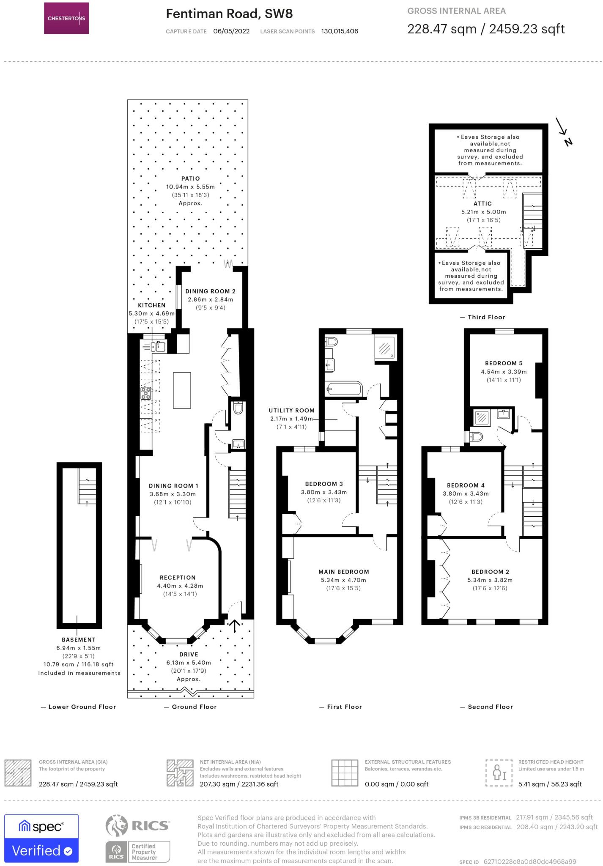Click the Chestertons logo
[66, 18]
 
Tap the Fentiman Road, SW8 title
[229, 14]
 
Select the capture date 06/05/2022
[231, 31]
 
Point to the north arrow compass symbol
[564, 132]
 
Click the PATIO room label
[190, 179]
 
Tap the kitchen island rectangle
[182, 390]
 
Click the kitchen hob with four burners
[146, 393]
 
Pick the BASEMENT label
[79, 640]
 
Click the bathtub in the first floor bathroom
[344, 388]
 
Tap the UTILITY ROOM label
[292, 411]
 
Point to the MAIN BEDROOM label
[344, 572]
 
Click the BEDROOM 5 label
[504, 363]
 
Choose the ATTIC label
[482, 204]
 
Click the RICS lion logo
[117, 826]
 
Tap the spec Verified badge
[41, 838]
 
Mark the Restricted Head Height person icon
[499, 773]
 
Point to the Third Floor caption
[486, 317]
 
